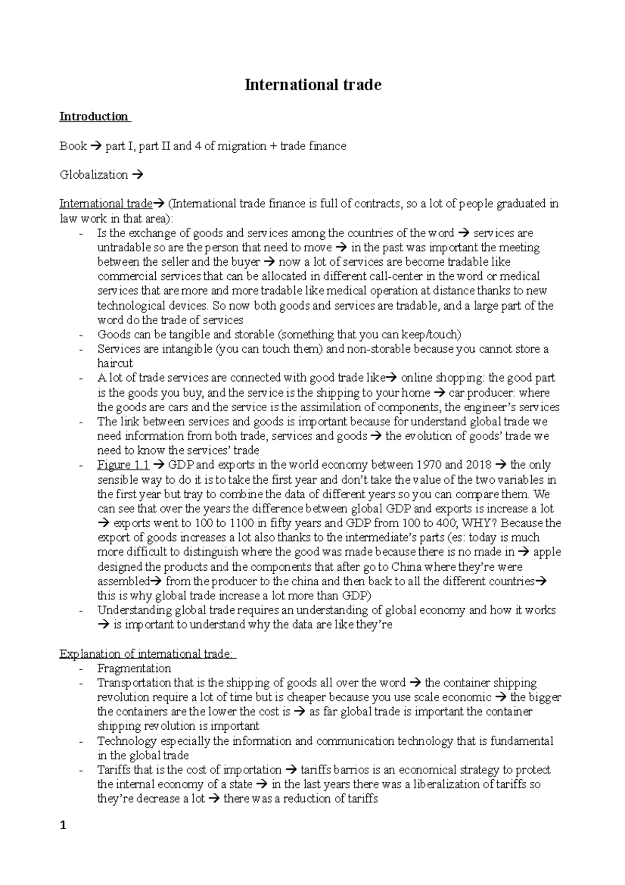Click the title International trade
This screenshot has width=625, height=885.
[313, 84]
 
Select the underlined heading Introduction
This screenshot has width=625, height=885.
[94, 116]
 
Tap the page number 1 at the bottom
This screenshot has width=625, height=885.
[63, 826]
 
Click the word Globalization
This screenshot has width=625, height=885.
[94, 175]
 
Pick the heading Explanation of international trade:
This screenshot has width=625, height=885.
[147, 654]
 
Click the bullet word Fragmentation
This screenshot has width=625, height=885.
[134, 668]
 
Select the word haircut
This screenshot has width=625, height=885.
[115, 363]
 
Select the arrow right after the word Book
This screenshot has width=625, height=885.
[96, 146]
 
